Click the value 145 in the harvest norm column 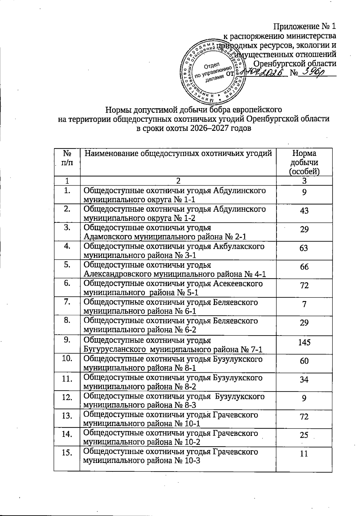pyautogui.click(x=304, y=342)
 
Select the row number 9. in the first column pyautogui.click(x=67, y=340)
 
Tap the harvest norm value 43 pyautogui.click(x=304, y=210)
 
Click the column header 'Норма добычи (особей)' pyautogui.click(x=304, y=162)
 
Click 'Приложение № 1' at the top pyautogui.click(x=305, y=27)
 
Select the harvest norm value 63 pyautogui.click(x=304, y=248)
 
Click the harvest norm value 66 pyautogui.click(x=304, y=267)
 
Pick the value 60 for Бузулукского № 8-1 pyautogui.click(x=304, y=361)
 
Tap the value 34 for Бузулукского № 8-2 pyautogui.click(x=304, y=379)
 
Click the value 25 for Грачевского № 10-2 pyautogui.click(x=304, y=435)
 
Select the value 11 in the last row pyautogui.click(x=304, y=453)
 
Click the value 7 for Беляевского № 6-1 pyautogui.click(x=304, y=304)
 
